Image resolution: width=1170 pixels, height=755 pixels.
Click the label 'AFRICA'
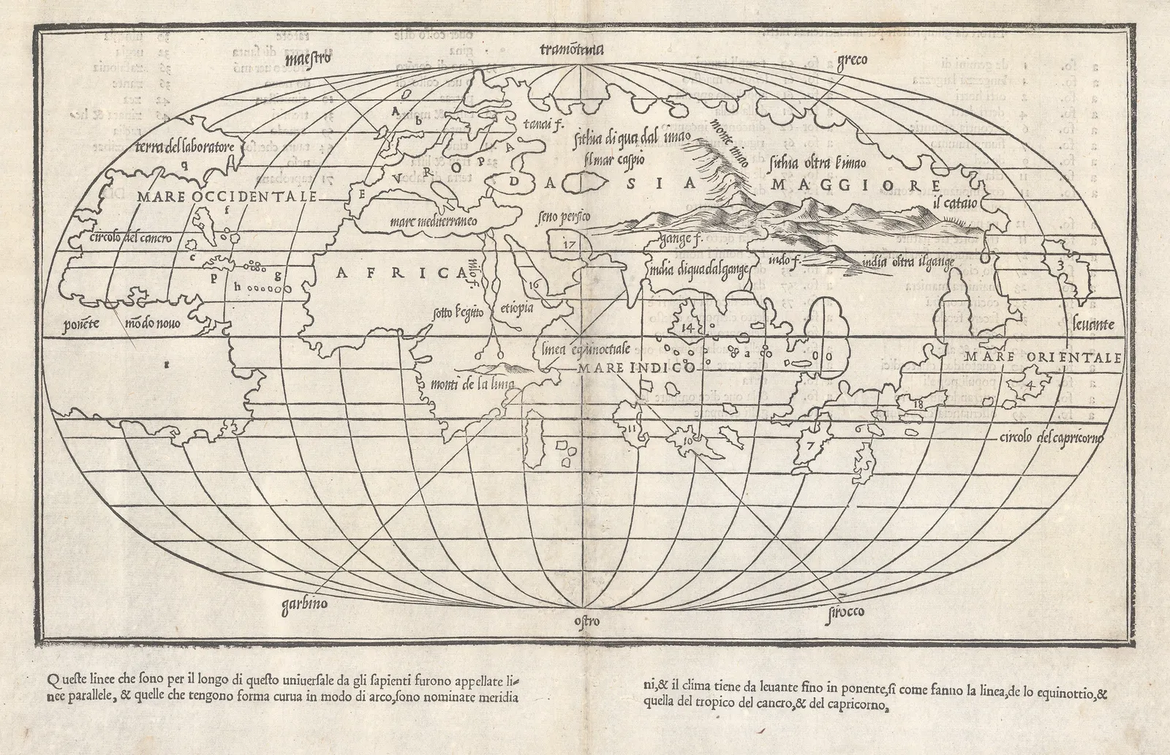click(x=401, y=273)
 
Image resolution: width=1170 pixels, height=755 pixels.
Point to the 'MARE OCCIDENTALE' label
click(x=227, y=197)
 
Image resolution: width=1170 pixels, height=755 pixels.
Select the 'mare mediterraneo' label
click(x=434, y=220)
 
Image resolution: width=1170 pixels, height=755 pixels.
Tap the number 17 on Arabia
click(x=570, y=245)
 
